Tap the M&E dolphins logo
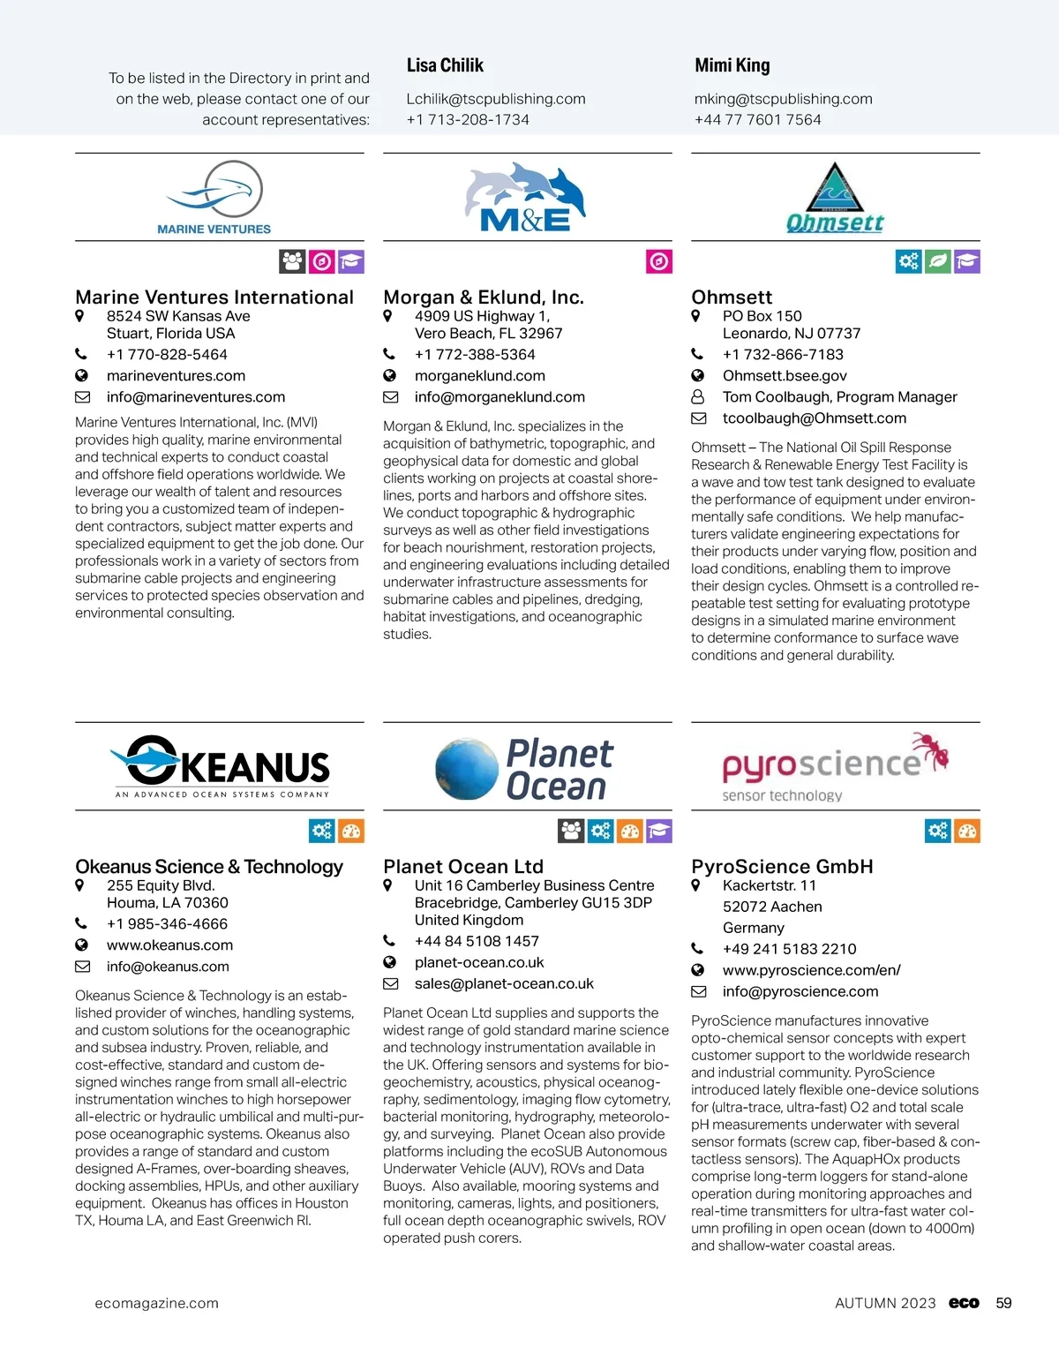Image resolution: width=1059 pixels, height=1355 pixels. [x=526, y=196]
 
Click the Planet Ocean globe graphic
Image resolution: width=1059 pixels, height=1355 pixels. [x=467, y=769]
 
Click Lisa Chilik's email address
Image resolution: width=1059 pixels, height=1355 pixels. [x=495, y=99]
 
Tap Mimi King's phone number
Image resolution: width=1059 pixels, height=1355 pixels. [x=757, y=119]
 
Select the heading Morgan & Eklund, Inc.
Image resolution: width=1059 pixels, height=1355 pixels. [x=483, y=297]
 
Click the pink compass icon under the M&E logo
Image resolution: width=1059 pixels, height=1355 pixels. [x=659, y=261]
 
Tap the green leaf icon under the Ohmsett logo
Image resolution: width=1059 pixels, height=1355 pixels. [x=938, y=261]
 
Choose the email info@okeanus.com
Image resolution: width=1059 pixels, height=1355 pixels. [x=168, y=967]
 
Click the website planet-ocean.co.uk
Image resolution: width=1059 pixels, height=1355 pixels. [x=479, y=962]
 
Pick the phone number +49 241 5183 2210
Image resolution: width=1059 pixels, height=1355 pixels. [x=789, y=949]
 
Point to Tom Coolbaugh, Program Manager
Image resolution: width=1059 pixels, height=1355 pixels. [x=839, y=397]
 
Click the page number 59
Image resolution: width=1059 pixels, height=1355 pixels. [x=1003, y=1303]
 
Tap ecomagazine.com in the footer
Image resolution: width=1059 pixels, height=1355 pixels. [x=156, y=1303]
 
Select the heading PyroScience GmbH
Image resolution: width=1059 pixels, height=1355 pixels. [x=782, y=866]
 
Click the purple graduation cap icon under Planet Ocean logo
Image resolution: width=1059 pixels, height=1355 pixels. [x=659, y=831]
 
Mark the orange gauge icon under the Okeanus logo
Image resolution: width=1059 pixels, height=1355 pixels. [x=351, y=831]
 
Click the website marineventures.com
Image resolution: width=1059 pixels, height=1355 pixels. [x=176, y=376]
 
